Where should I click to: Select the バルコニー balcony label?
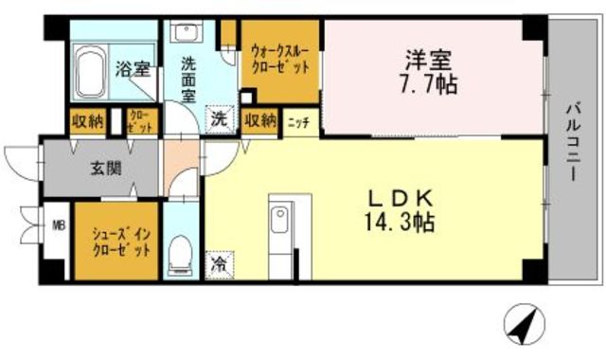point(574,143)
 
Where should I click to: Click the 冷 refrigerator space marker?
point(220,263)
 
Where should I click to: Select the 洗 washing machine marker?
point(220,120)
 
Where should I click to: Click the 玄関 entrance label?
point(104,170)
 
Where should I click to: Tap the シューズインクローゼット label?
point(120,241)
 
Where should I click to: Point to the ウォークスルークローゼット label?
point(279,60)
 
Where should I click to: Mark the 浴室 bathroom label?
point(132,68)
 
